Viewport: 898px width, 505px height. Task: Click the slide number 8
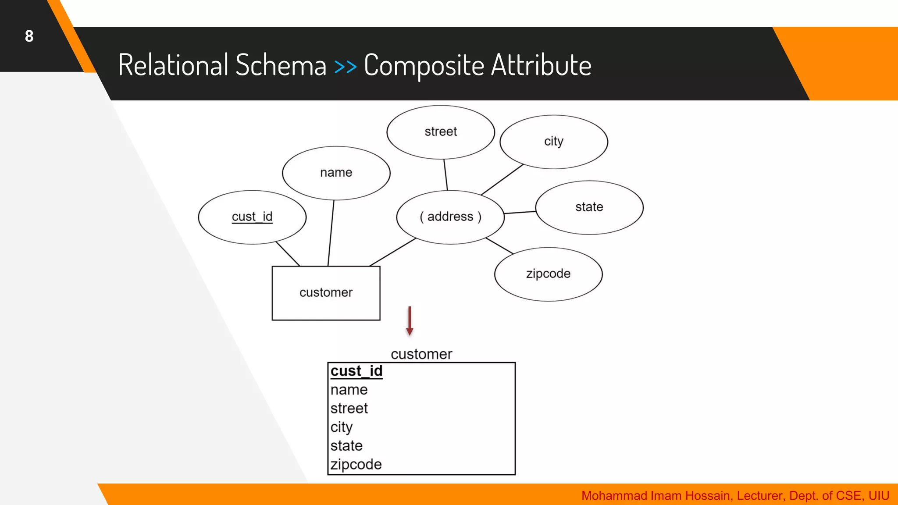29,36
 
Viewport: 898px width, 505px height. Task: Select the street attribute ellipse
441,132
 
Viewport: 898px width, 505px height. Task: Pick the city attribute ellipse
553,142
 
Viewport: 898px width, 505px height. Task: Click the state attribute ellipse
589,207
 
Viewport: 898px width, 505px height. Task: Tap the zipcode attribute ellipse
548,274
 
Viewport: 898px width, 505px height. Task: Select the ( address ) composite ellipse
450,217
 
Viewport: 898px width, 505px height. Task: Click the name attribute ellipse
336,173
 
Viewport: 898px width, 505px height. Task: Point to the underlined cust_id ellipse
252,217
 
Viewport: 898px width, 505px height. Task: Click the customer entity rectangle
326,293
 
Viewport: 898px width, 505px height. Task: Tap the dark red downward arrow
410,321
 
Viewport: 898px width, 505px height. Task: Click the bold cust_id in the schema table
356,371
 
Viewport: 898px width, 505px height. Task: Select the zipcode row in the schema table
356,464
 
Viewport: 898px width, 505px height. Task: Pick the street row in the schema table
349,409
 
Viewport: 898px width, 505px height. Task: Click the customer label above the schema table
421,354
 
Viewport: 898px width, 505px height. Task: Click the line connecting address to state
520,213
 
